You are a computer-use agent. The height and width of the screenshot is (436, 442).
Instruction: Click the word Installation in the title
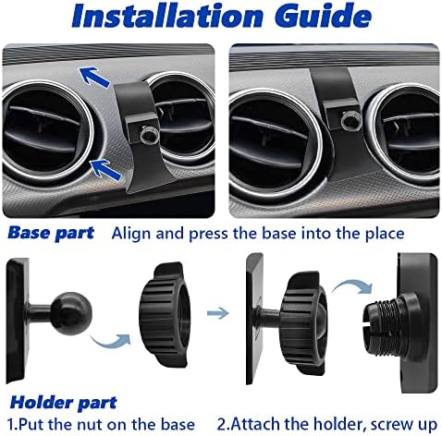pos(167,16)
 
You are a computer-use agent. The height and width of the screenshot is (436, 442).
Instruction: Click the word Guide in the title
pos(323,16)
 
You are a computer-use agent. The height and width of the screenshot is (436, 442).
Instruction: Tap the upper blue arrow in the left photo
pos(94,77)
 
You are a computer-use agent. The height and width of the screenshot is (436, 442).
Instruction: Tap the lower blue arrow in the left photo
pos(105,170)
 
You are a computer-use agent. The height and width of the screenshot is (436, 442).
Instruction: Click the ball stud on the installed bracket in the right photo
pos(350,120)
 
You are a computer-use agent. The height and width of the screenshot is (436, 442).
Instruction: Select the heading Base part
pos(51,233)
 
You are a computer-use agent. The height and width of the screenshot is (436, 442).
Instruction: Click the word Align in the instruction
pos(131,234)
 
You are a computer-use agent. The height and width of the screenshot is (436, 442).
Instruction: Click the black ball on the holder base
pos(70,311)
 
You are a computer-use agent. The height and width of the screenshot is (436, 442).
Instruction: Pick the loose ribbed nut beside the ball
pos(164,315)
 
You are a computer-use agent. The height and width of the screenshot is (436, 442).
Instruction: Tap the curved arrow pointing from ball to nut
pos(110,340)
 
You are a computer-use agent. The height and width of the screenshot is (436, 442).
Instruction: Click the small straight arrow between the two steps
pos(218,313)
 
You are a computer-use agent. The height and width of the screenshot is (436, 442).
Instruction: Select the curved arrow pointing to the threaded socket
pos(353,285)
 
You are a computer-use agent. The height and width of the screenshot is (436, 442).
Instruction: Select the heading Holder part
pos(64,402)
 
